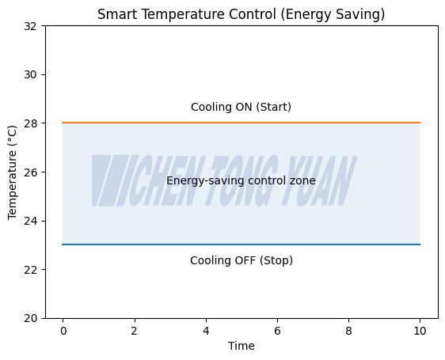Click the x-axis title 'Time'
(242, 346)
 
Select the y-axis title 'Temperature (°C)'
(13, 172)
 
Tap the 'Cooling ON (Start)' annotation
(241, 108)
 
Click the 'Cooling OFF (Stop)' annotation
(241, 261)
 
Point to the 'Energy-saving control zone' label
(241, 181)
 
